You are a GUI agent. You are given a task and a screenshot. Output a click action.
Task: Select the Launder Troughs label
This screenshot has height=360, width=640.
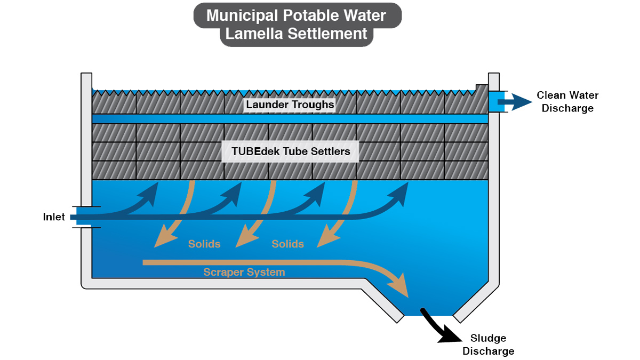290,105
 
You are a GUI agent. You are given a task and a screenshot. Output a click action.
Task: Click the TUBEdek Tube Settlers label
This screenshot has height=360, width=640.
291,151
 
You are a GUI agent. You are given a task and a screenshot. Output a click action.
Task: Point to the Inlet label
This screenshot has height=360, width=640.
54,217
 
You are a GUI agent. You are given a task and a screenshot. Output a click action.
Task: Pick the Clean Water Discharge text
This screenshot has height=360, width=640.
567,102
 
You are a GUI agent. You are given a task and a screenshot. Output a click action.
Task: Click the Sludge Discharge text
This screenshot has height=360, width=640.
488,345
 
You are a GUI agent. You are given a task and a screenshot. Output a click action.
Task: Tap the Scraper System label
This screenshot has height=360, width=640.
244,273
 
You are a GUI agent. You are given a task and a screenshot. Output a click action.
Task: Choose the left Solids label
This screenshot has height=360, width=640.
204,244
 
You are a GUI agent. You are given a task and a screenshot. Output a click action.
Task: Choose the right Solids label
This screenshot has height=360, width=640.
288,244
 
